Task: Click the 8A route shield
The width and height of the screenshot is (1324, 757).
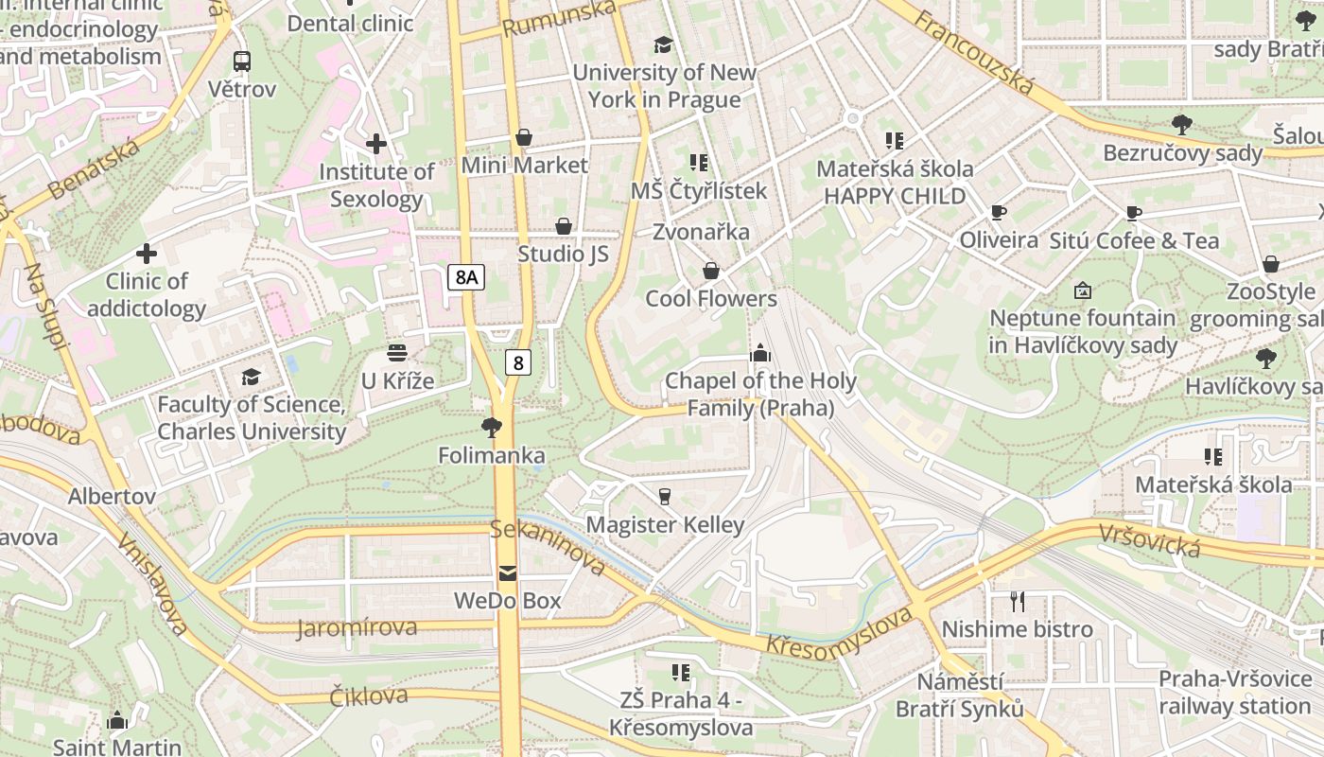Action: tap(466, 277)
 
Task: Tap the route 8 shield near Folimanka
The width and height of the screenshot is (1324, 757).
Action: tap(516, 361)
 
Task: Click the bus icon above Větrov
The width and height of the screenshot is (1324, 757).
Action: tap(242, 62)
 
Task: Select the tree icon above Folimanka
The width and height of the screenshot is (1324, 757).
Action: tap(491, 428)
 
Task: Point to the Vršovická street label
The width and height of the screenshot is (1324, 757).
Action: tap(1149, 540)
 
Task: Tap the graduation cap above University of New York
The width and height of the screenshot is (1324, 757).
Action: tap(663, 44)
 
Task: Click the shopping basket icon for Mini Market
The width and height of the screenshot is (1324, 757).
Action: tap(523, 138)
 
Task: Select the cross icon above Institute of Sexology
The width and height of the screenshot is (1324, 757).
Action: tap(376, 144)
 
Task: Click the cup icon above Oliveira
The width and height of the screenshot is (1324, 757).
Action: tap(999, 213)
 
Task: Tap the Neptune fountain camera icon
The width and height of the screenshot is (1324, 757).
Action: tap(1083, 290)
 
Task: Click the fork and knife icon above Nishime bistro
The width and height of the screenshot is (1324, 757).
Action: tap(1018, 601)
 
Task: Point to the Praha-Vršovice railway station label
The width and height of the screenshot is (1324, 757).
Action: tap(1235, 693)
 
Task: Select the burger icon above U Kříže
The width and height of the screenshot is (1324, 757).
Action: tap(397, 353)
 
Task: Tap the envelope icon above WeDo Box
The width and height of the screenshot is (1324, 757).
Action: tap(508, 572)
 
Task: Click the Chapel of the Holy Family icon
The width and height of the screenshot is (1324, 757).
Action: tap(759, 353)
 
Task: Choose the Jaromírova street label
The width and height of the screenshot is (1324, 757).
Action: tap(357, 628)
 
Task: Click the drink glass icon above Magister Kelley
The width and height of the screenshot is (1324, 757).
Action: tap(665, 496)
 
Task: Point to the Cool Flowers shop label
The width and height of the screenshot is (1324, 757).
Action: tap(711, 299)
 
